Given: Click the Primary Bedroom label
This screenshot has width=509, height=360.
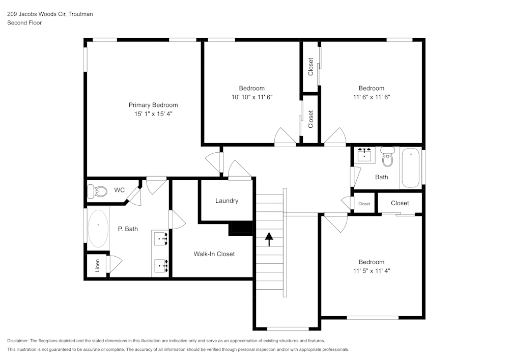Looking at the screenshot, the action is pyautogui.click(x=153, y=105).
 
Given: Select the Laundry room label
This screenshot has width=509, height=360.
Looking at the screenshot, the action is pyautogui.click(x=227, y=201).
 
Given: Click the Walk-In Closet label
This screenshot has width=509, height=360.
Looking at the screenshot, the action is pyautogui.click(x=214, y=254).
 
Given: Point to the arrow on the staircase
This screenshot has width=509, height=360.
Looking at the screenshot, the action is pyautogui.click(x=268, y=237).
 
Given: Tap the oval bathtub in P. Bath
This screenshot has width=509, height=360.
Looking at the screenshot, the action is pyautogui.click(x=98, y=228).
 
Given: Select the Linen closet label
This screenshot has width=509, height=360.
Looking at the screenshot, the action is pyautogui.click(x=97, y=265).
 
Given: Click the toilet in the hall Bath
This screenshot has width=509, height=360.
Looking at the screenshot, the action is pyautogui.click(x=388, y=157).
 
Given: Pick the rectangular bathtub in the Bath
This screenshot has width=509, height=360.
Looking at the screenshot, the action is pyautogui.click(x=411, y=168).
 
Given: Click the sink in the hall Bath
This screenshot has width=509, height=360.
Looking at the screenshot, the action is pyautogui.click(x=364, y=155).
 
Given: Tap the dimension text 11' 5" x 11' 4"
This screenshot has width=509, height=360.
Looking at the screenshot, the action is pyautogui.click(x=371, y=271).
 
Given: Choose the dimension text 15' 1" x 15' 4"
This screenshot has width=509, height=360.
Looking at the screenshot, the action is pyautogui.click(x=153, y=114).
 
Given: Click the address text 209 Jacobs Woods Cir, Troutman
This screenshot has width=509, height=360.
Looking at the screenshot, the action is pyautogui.click(x=49, y=14).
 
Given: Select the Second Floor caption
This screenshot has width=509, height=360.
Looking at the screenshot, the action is pyautogui.click(x=24, y=23).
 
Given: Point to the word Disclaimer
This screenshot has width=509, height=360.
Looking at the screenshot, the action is pyautogui.click(x=18, y=341).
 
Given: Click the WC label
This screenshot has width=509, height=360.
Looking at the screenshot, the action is pyautogui.click(x=119, y=190).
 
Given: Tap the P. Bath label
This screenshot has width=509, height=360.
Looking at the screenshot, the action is pyautogui.click(x=128, y=229).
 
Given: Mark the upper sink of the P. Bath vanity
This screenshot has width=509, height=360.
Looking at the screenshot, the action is pyautogui.click(x=161, y=238).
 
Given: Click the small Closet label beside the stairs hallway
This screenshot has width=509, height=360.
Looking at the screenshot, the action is pyautogui.click(x=364, y=204).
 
